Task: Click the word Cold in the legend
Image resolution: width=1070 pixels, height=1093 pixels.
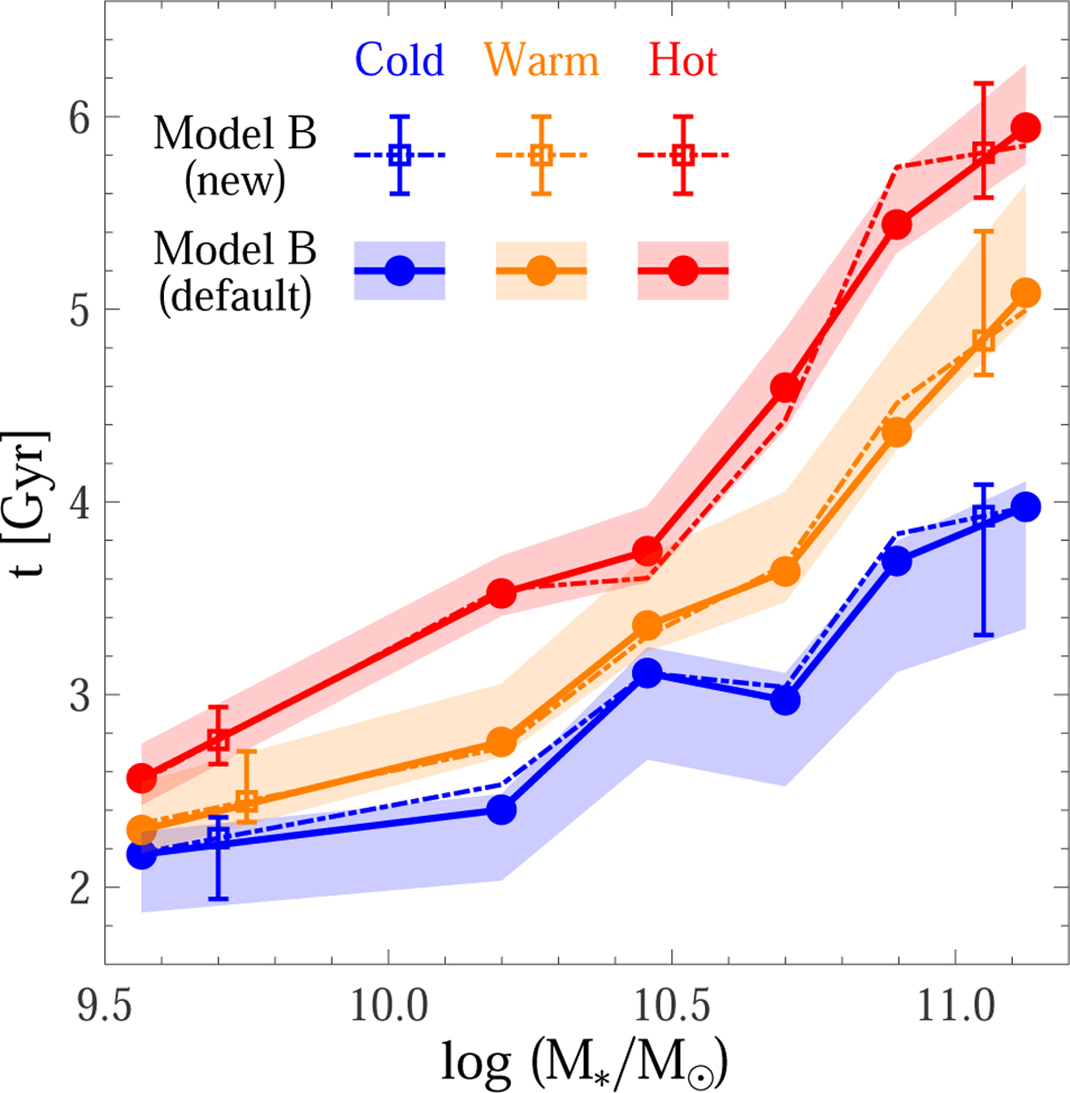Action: tap(399, 61)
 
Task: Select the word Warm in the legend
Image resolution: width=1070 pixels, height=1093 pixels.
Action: tap(542, 61)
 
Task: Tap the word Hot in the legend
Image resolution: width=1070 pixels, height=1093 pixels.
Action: tap(683, 61)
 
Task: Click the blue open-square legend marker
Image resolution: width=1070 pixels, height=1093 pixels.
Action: tap(399, 155)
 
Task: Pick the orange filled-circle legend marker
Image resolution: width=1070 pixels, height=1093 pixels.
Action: tap(541, 270)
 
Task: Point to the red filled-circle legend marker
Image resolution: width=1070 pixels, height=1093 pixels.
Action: tap(683, 270)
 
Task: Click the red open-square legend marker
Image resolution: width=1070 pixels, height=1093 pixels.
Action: tap(683, 155)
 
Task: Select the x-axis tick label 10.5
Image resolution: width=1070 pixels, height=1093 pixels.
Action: tap(671, 1007)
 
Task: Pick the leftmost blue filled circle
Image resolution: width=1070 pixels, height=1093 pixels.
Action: tap(142, 855)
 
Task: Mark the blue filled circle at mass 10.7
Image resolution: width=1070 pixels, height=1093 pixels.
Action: tap(785, 700)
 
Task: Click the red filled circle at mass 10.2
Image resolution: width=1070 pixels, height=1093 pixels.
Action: tap(502, 592)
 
